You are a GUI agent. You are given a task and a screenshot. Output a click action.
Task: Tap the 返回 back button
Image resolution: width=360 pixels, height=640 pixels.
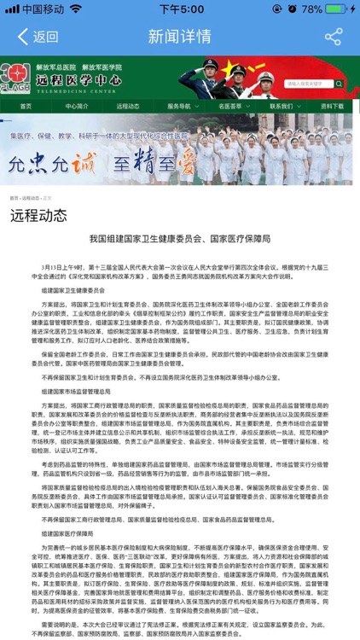point(38,38)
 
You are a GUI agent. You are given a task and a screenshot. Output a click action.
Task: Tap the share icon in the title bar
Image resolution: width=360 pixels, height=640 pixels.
point(334,38)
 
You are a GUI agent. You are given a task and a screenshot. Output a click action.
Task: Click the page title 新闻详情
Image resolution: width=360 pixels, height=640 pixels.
point(179,38)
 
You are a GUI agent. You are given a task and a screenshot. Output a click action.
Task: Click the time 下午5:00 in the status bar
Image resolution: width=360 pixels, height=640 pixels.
point(180,9)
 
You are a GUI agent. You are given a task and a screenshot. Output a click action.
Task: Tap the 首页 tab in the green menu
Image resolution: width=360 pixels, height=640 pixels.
point(26,107)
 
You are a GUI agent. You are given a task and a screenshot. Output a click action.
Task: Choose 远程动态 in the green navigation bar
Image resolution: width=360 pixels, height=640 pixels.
point(128,107)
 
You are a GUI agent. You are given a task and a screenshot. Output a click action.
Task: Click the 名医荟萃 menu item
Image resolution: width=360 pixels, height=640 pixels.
point(230,107)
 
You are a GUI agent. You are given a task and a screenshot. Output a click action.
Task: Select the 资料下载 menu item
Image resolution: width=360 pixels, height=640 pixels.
point(332,107)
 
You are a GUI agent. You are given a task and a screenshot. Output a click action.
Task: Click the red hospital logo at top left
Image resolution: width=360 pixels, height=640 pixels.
point(15,78)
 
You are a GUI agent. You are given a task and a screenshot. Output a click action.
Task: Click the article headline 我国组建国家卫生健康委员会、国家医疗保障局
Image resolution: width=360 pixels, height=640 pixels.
point(180,241)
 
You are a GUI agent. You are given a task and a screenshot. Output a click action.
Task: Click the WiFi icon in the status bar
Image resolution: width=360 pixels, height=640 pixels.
point(75,9)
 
